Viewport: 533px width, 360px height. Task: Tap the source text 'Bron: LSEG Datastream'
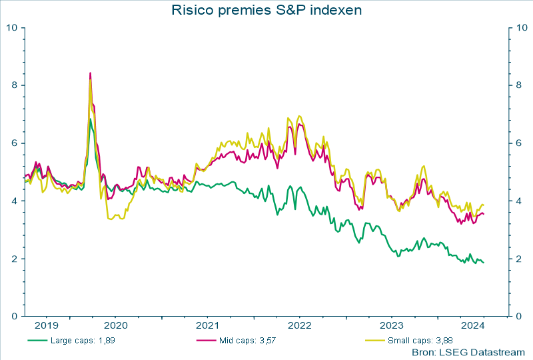468,351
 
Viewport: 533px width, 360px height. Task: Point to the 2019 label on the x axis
47,326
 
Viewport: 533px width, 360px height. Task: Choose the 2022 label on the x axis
299,326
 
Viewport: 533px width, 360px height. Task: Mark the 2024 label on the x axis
472,326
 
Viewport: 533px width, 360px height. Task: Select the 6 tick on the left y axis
15,143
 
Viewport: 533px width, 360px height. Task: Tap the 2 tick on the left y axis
15,259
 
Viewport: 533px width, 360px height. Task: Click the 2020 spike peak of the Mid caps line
90,73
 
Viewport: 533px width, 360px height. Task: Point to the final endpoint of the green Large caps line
484,262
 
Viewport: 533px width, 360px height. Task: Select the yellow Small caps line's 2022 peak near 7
299,116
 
